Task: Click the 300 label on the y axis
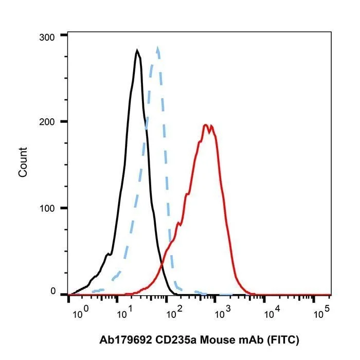47,38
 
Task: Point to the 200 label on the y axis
47,122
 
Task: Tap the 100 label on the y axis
47,208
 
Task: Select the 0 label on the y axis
53,291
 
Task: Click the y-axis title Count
23,163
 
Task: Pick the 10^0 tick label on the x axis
80,313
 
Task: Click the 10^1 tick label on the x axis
124,313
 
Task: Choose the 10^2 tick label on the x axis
174,313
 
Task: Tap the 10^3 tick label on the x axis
223,313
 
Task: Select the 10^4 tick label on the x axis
272,313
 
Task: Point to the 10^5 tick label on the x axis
321,313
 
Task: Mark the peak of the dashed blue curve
158,47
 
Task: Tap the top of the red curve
206,125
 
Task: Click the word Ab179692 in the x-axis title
125,340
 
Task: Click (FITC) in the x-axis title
283,340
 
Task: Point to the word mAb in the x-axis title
251,340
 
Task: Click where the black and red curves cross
161,264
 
